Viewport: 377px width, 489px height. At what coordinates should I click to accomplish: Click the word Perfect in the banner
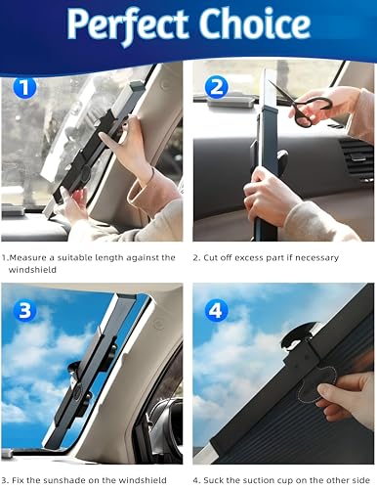(x=128, y=24)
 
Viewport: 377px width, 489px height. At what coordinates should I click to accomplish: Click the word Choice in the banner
(x=255, y=22)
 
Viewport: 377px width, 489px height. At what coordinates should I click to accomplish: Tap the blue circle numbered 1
(x=24, y=87)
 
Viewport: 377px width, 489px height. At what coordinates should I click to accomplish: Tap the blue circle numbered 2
(x=217, y=86)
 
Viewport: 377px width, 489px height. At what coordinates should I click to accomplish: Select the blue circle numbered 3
(x=24, y=311)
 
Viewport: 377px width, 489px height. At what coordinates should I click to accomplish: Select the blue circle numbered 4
(x=217, y=311)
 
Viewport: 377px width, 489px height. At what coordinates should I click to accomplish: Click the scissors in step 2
(x=301, y=105)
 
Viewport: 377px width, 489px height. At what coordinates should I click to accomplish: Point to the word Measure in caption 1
(x=27, y=257)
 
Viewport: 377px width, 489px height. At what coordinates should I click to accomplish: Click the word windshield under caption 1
(x=32, y=270)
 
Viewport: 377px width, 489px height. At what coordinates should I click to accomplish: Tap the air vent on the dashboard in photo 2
(x=356, y=156)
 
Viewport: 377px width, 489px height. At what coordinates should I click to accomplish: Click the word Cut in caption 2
(x=211, y=258)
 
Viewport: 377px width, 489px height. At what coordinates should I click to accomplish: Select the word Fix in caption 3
(x=19, y=480)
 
